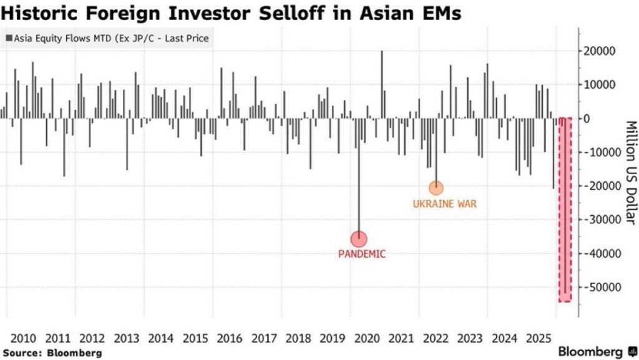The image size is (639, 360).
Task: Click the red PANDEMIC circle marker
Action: [359, 238]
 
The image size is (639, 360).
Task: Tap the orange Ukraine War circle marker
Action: [436, 187]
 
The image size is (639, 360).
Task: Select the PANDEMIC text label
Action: [362, 255]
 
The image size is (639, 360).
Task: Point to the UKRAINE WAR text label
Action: [444, 204]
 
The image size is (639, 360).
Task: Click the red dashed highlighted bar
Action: [564, 209]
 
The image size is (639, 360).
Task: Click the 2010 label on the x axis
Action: [23, 338]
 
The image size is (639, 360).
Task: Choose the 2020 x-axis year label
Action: [367, 338]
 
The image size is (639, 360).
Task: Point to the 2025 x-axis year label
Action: [539, 338]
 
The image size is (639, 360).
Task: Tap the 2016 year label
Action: [229, 338]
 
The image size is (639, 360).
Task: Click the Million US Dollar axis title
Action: [629, 172]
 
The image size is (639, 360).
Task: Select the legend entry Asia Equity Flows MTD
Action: [107, 39]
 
